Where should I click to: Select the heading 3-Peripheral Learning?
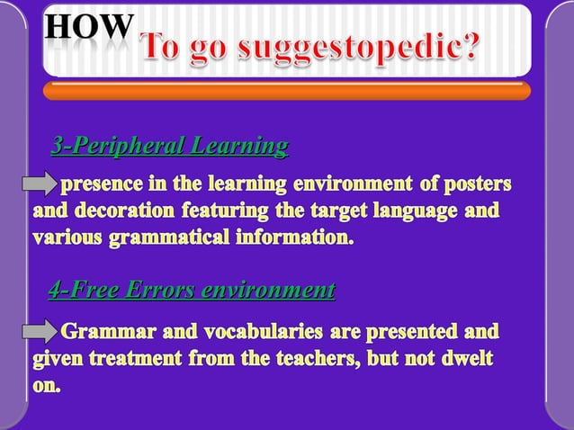point(170,146)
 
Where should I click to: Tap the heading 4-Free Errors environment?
point(191,290)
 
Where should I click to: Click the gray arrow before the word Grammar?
point(40,334)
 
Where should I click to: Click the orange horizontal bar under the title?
point(286,90)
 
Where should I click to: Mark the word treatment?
point(133,360)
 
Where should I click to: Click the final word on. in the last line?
point(48,388)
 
